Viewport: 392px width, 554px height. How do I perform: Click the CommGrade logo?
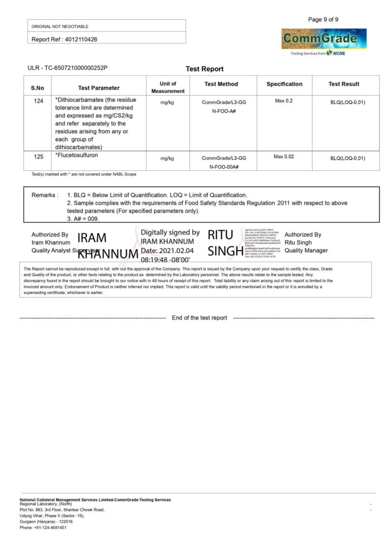pyautogui.click(x=324, y=39)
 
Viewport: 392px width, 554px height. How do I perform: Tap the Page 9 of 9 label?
pyautogui.click(x=323, y=20)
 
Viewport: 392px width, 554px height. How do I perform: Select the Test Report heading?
pyautogui.click(x=204, y=69)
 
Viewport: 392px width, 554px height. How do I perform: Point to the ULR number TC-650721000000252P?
pyautogui.click(x=67, y=68)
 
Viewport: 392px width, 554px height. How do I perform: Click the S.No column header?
pyautogui.click(x=38, y=88)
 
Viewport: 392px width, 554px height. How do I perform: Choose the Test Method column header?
pyautogui.click(x=221, y=84)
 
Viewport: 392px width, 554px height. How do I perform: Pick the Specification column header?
pyautogui.click(x=284, y=84)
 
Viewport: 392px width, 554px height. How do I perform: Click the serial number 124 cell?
pyautogui.click(x=38, y=101)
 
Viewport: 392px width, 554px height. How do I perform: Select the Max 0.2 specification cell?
pyautogui.click(x=284, y=101)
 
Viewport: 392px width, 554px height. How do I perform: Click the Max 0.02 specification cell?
pyautogui.click(x=284, y=157)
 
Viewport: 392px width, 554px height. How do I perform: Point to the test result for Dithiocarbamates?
pyautogui.click(x=348, y=103)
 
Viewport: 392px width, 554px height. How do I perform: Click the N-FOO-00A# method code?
pyautogui.click(x=224, y=167)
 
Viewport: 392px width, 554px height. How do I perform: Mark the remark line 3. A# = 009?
pyautogui.click(x=83, y=218)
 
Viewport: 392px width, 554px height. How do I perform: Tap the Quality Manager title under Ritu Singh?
pyautogui.click(x=306, y=250)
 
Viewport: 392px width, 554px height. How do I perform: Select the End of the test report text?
pyautogui.click(x=200, y=318)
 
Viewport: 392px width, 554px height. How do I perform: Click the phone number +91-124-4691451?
pyautogui.click(x=43, y=527)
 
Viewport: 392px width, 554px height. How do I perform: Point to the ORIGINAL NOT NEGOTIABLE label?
pyautogui.click(x=60, y=27)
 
